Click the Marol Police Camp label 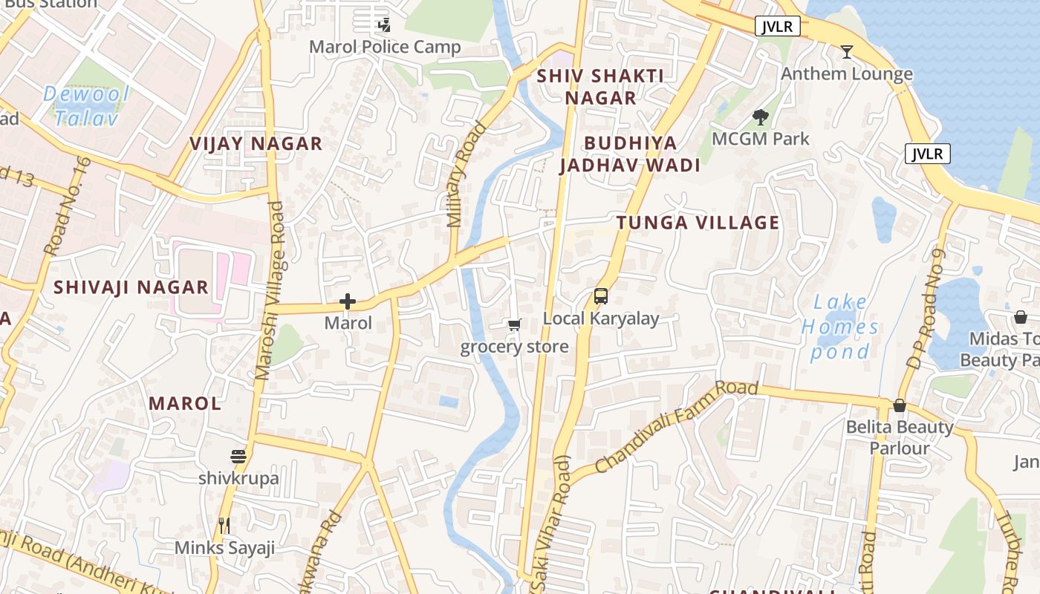(385, 47)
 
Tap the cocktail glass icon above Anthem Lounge (846, 52)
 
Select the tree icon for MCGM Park (760, 117)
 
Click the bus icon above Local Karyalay (601, 296)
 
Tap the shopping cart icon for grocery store (514, 325)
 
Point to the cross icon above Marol (348, 301)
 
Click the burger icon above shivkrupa (238, 456)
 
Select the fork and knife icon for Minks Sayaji (224, 526)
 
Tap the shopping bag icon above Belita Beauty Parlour (900, 405)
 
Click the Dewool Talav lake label (86, 105)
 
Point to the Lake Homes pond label (840, 327)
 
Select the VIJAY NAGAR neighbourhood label (256, 143)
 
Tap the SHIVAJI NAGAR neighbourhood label (131, 287)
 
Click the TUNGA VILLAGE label (698, 223)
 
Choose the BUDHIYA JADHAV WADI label (630, 154)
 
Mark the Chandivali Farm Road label (677, 427)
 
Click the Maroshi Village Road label (270, 291)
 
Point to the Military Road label (466, 174)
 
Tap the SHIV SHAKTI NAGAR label (600, 86)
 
